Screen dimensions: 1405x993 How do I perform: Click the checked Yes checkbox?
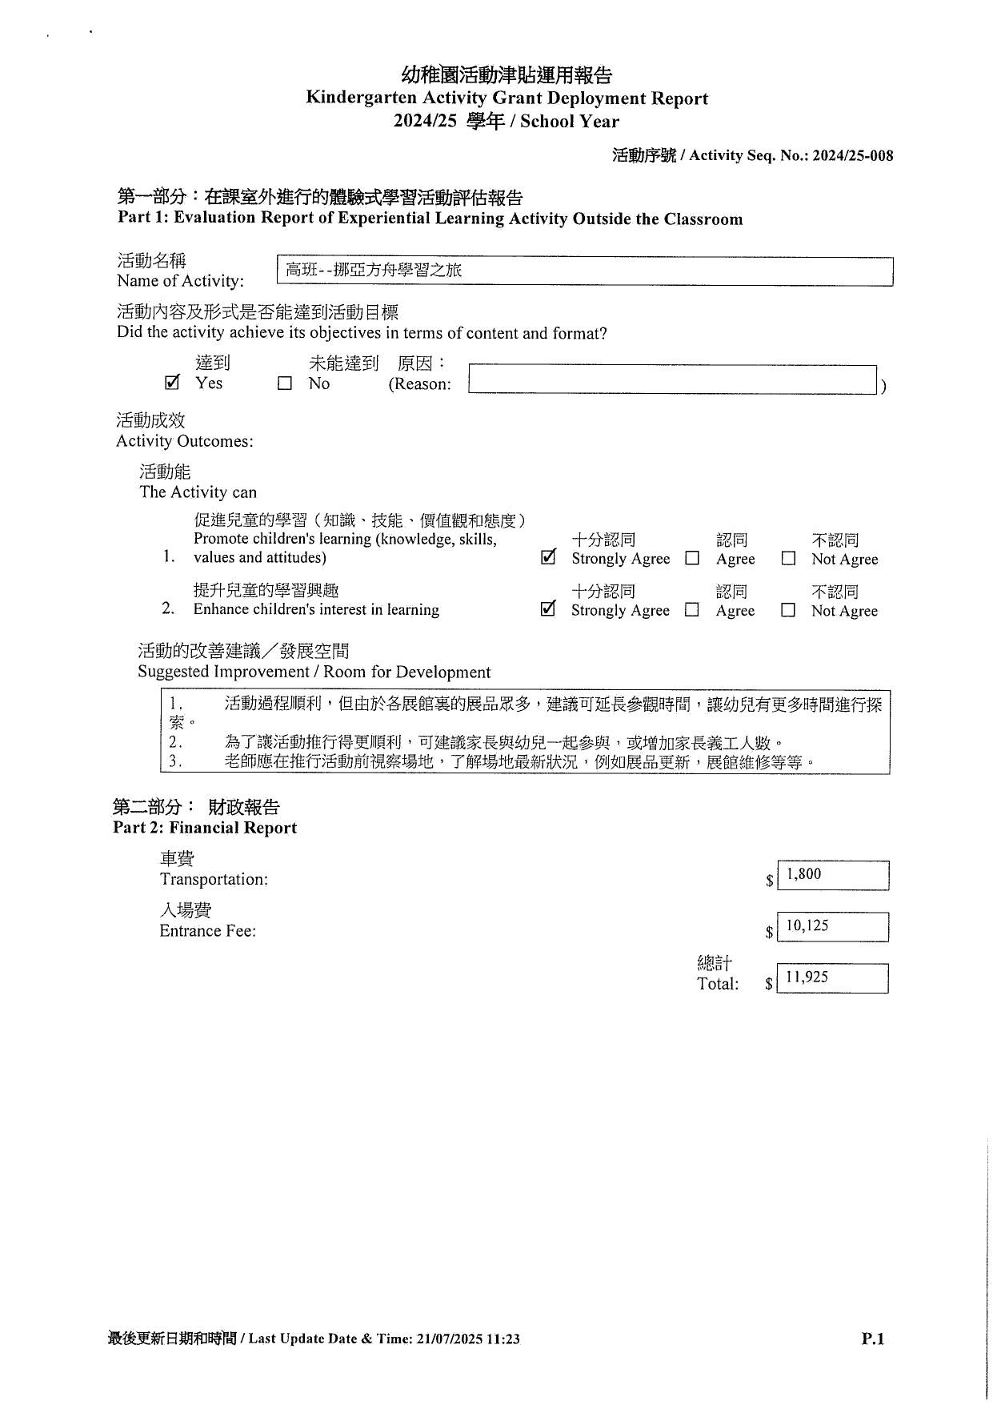[x=172, y=383]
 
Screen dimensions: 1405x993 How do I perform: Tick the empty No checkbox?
[x=285, y=383]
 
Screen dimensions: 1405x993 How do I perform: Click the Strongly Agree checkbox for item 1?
[x=548, y=557]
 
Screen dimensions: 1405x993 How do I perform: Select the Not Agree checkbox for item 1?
[x=788, y=559]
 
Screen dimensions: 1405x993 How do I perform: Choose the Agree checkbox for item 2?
[x=692, y=610]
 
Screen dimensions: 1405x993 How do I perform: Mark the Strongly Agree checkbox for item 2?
[x=548, y=609]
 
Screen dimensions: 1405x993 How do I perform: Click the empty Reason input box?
[x=672, y=379]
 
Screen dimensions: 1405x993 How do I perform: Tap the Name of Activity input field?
[x=584, y=271]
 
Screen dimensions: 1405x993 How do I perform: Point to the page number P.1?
[x=873, y=1339]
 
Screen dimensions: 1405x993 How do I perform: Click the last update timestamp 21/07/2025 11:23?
[x=468, y=1339]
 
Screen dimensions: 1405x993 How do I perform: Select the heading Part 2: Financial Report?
[x=205, y=828]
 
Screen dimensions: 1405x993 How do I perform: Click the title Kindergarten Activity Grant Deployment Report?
[x=507, y=98]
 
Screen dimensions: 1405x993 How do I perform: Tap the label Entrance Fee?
[x=208, y=930]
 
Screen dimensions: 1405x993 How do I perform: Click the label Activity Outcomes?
[x=185, y=441]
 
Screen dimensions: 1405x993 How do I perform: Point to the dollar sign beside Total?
[x=768, y=984]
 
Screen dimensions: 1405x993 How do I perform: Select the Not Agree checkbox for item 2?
[x=788, y=610]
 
